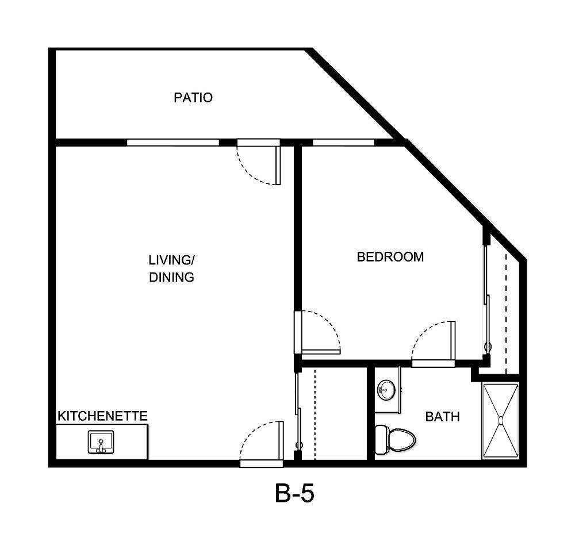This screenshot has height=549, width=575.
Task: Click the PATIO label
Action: click(193, 98)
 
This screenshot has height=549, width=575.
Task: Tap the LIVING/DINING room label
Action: click(171, 268)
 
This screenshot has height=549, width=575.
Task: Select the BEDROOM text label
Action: click(390, 257)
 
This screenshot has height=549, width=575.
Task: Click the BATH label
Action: click(442, 417)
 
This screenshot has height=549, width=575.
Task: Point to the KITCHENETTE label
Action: click(102, 416)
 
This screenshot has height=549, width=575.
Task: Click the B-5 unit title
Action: click(294, 494)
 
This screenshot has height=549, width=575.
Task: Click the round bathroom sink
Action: click(386, 389)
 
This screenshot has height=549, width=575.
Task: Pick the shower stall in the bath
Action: click(500, 421)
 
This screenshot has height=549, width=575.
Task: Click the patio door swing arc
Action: click(253, 167)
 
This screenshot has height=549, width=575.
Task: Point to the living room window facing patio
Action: click(172, 142)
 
